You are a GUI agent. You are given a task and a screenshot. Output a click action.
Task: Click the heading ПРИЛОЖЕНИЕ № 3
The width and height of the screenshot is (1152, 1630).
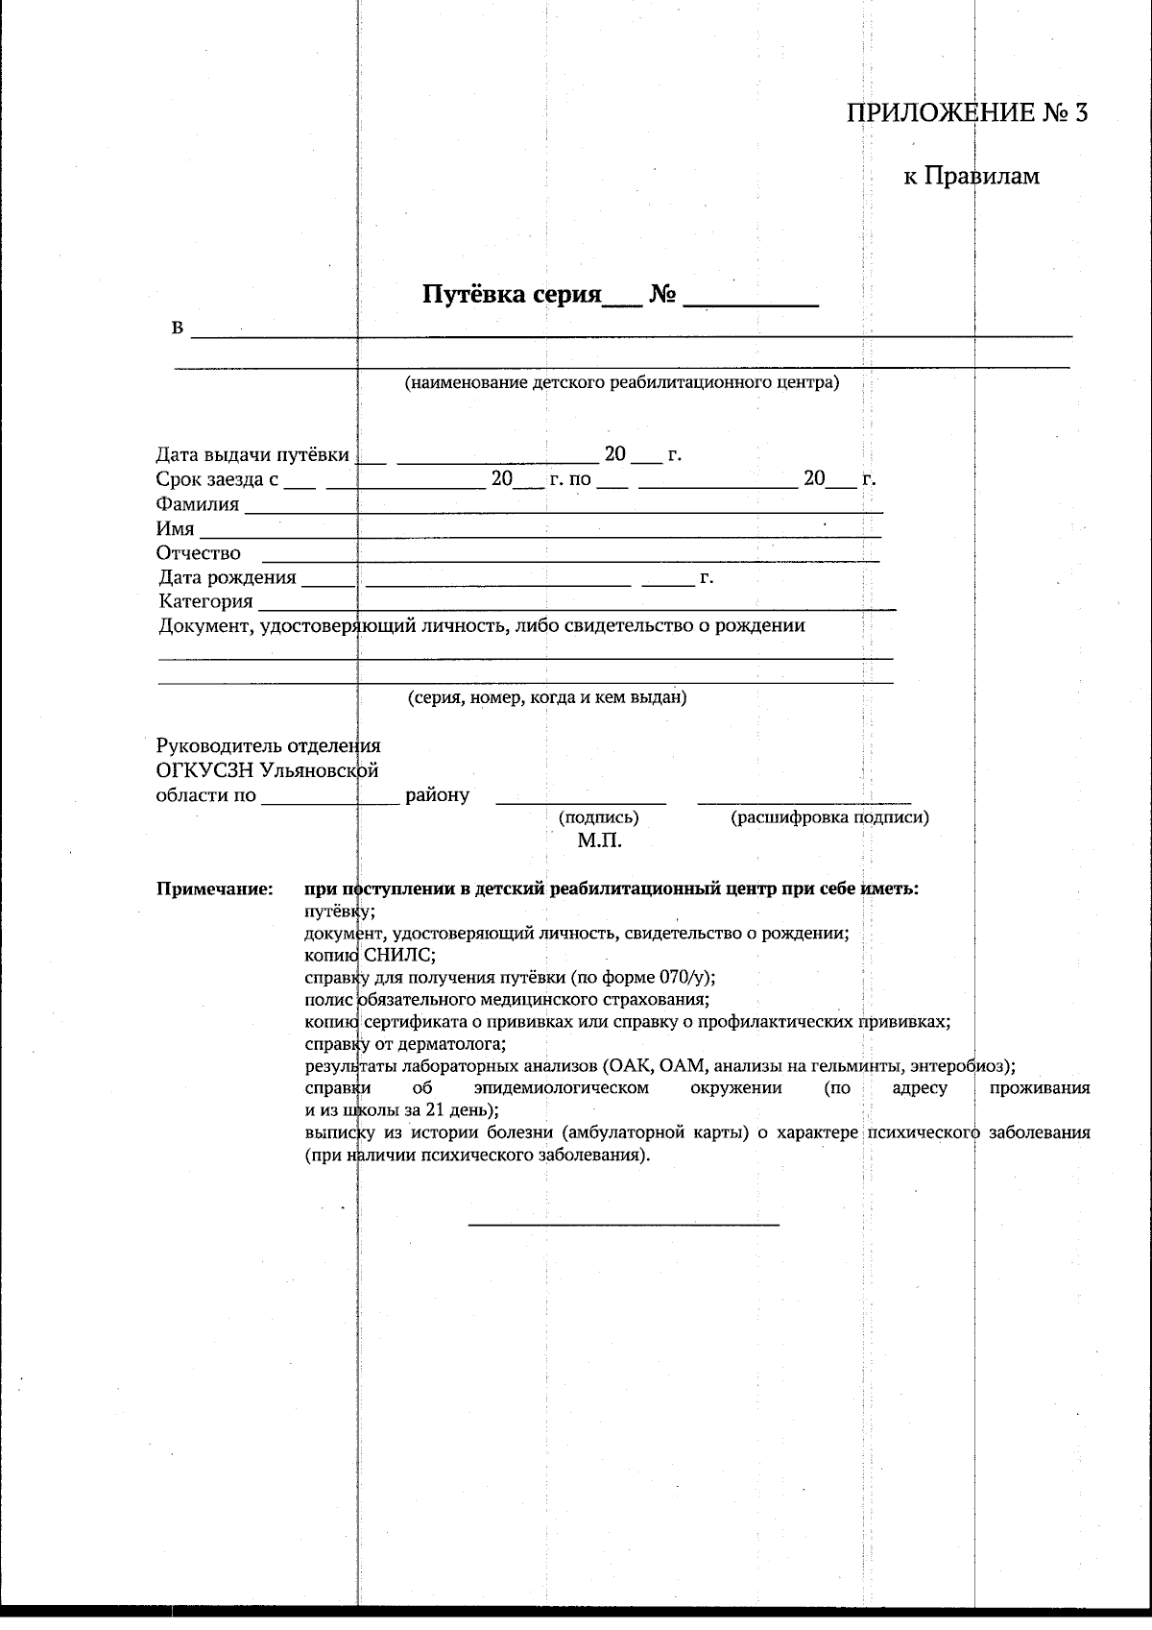pyautogui.click(x=967, y=113)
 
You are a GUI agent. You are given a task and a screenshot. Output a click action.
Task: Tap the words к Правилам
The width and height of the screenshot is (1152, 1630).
pyautogui.click(x=972, y=176)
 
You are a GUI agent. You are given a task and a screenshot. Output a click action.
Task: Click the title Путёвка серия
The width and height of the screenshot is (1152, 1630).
pyautogui.click(x=511, y=294)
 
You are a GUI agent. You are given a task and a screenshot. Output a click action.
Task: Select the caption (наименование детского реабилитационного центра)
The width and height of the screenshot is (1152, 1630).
pyautogui.click(x=621, y=383)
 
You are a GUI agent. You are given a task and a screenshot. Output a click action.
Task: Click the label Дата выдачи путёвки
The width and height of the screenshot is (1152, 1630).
pyautogui.click(x=252, y=455)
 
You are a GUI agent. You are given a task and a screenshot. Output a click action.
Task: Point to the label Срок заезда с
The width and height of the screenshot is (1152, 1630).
pyautogui.click(x=217, y=479)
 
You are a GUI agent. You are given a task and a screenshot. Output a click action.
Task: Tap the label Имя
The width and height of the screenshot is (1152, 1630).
pyautogui.click(x=175, y=529)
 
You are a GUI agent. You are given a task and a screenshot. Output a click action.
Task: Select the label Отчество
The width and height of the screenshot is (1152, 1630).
pyautogui.click(x=198, y=553)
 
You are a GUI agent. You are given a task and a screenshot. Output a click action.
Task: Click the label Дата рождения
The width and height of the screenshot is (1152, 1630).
pyautogui.click(x=228, y=578)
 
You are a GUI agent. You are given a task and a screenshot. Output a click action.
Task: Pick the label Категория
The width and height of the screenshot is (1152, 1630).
pyautogui.click(x=205, y=602)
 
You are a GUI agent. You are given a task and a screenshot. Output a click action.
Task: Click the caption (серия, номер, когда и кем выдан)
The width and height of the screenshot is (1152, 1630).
pyautogui.click(x=547, y=697)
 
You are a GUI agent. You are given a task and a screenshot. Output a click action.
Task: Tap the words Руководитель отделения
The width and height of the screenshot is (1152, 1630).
pyautogui.click(x=268, y=745)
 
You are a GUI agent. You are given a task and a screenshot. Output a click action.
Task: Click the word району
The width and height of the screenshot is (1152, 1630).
pyautogui.click(x=438, y=795)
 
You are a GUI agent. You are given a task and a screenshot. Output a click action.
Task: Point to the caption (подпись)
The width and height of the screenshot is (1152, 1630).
pyautogui.click(x=598, y=817)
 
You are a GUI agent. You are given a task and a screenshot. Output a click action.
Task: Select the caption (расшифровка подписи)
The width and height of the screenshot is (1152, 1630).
pyautogui.click(x=829, y=817)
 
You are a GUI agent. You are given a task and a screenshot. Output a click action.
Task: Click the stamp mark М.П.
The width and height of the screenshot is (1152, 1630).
pyautogui.click(x=600, y=841)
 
